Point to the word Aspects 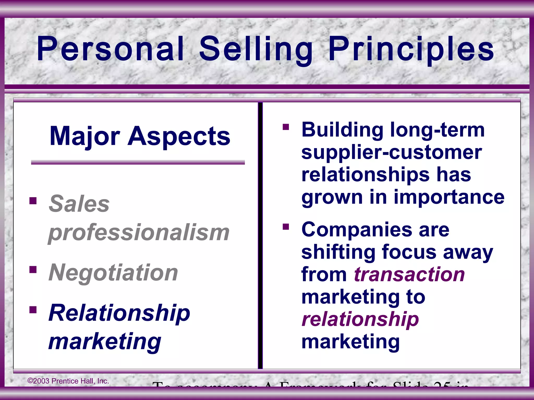click(x=179, y=136)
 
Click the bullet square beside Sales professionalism click(x=33, y=201)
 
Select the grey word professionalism click(x=139, y=232)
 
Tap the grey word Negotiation click(x=113, y=272)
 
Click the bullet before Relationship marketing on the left click(x=33, y=310)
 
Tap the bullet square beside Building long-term click(x=286, y=127)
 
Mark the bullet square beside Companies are click(x=286, y=227)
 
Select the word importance click(x=449, y=197)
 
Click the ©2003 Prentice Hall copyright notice click(x=68, y=381)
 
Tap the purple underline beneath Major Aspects click(x=138, y=162)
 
